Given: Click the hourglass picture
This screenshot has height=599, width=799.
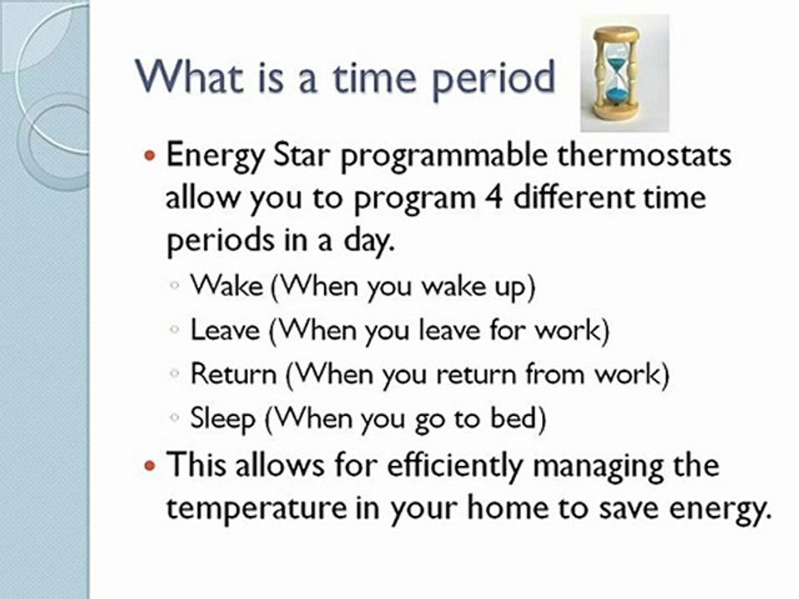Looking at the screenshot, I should coord(615,72).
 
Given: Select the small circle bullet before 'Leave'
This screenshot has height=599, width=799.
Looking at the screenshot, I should coord(174,330).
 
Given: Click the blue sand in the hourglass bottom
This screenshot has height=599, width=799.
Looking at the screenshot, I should coord(615,97).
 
